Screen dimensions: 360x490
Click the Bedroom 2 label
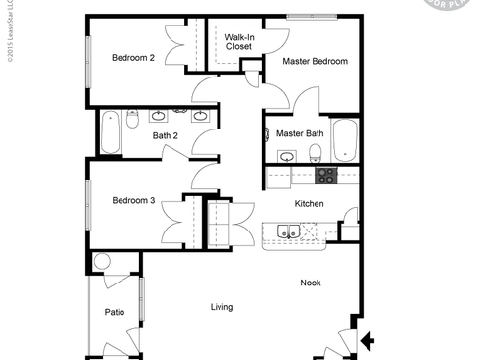[133, 57]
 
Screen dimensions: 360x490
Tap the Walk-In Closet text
[239, 41]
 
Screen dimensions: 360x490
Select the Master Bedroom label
[315, 61]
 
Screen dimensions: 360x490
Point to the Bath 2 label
[165, 135]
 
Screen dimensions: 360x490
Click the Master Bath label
[300, 133]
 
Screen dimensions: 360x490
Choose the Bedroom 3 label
[133, 200]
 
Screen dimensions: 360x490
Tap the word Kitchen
[310, 204]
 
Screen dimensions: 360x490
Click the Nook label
[311, 283]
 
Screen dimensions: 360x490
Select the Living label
[221, 307]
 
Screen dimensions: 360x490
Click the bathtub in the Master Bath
[345, 140]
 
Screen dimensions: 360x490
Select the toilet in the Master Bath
[316, 152]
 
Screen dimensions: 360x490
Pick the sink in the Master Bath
[287, 156]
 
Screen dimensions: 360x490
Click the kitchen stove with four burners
[324, 176]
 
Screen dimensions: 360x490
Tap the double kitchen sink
[287, 231]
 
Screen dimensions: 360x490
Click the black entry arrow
[367, 340]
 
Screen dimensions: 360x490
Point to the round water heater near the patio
[102, 263]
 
